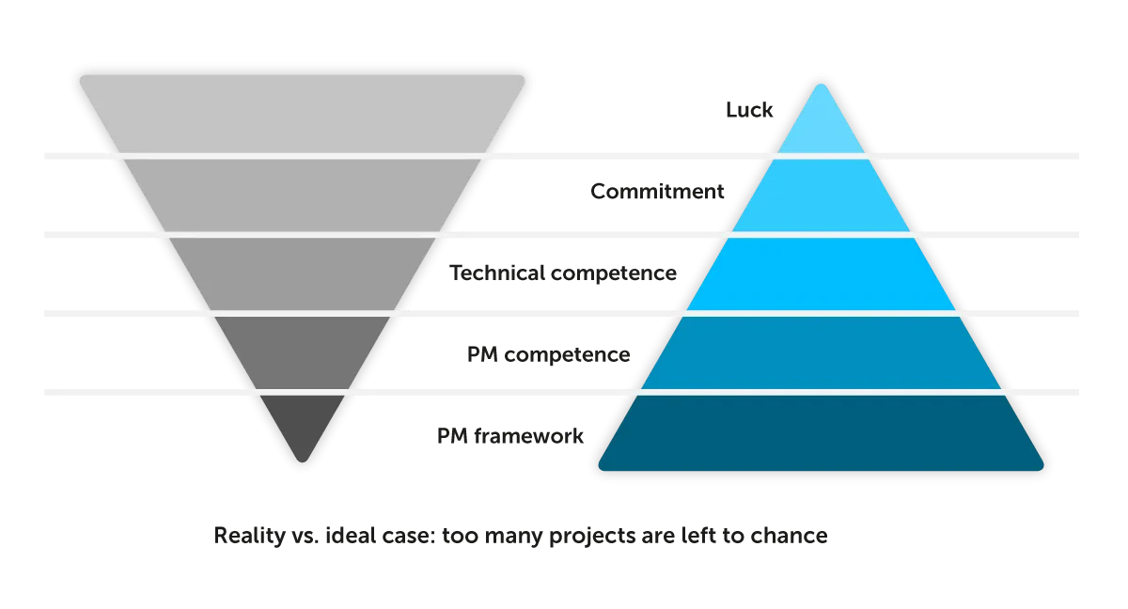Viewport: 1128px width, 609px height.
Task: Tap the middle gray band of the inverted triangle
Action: pyautogui.click(x=302, y=273)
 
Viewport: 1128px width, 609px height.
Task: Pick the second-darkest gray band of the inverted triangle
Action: pyautogui.click(x=302, y=351)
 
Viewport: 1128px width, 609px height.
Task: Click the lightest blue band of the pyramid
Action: pyautogui.click(x=822, y=127)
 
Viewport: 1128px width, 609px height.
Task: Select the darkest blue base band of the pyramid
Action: pyautogui.click(x=822, y=433)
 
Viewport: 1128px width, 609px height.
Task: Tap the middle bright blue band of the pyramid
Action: pyautogui.click(x=822, y=273)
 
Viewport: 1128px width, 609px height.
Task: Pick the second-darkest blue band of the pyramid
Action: pyautogui.click(x=822, y=351)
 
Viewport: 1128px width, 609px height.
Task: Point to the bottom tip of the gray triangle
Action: pyautogui.click(x=302, y=459)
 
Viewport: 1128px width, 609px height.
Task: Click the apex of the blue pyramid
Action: pyautogui.click(x=822, y=86)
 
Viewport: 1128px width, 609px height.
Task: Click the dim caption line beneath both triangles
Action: pyautogui.click(x=518, y=539)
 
